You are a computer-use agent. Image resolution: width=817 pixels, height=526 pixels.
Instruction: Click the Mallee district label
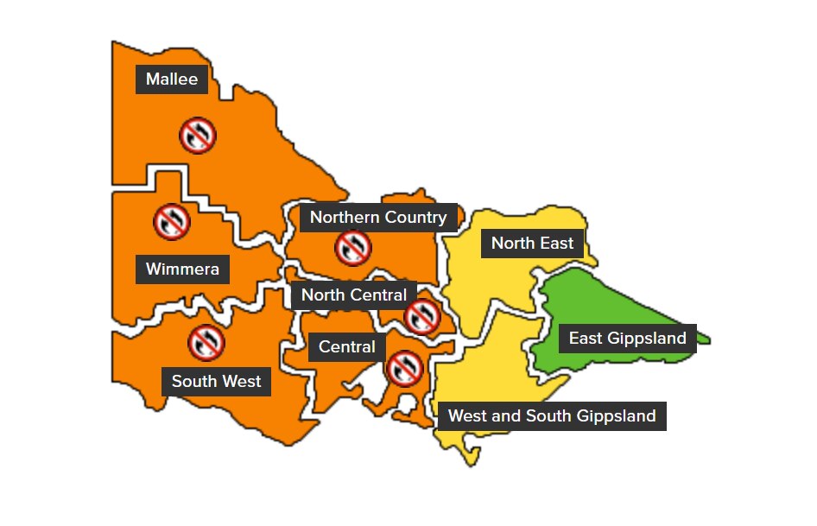coord(172,79)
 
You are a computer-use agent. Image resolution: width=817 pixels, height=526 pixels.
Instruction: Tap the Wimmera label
coord(182,269)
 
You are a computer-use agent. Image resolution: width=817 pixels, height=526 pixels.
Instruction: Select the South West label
coord(216,381)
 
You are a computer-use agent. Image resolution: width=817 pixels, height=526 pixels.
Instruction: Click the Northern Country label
coord(377,217)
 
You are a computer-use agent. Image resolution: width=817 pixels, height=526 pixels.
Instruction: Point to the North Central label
coord(353,295)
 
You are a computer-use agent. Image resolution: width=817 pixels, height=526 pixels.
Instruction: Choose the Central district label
coord(346,347)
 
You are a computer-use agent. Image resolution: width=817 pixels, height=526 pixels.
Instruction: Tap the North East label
coord(532,244)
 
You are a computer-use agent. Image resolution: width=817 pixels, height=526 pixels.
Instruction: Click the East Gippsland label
coord(627,338)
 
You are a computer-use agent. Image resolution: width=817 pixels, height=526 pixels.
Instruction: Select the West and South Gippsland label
coord(552,415)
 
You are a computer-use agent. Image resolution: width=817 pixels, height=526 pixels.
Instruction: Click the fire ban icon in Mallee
coord(198,135)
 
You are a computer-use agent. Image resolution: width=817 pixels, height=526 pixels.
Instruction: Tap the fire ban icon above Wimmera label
coord(172,221)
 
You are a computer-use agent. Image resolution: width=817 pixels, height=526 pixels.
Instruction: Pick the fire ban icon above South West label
coord(206,343)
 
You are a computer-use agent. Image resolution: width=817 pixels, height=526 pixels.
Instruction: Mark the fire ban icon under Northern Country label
coord(353,248)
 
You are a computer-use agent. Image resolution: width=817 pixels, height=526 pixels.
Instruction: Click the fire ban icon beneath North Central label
coord(421,317)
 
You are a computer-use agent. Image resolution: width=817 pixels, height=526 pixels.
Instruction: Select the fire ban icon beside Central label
coord(403,368)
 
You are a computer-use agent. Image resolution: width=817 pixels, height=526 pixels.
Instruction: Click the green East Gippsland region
coord(622,302)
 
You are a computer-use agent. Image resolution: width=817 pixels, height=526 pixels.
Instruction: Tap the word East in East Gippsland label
coord(585,338)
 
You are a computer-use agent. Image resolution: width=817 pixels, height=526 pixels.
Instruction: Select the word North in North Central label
coord(322,295)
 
